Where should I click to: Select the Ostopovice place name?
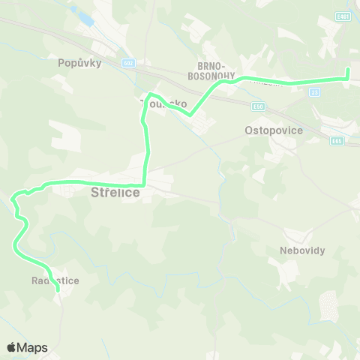pos(273,130)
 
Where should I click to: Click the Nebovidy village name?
pos(302,250)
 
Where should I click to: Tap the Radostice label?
pos(55,280)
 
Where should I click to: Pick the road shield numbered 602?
pos(128,63)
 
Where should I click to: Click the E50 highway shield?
pos(259,107)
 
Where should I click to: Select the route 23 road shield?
pos(315,91)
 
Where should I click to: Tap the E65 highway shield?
pos(337,140)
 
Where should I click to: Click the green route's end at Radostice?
pos(58,289)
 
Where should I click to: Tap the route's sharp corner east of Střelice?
pos(143,184)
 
